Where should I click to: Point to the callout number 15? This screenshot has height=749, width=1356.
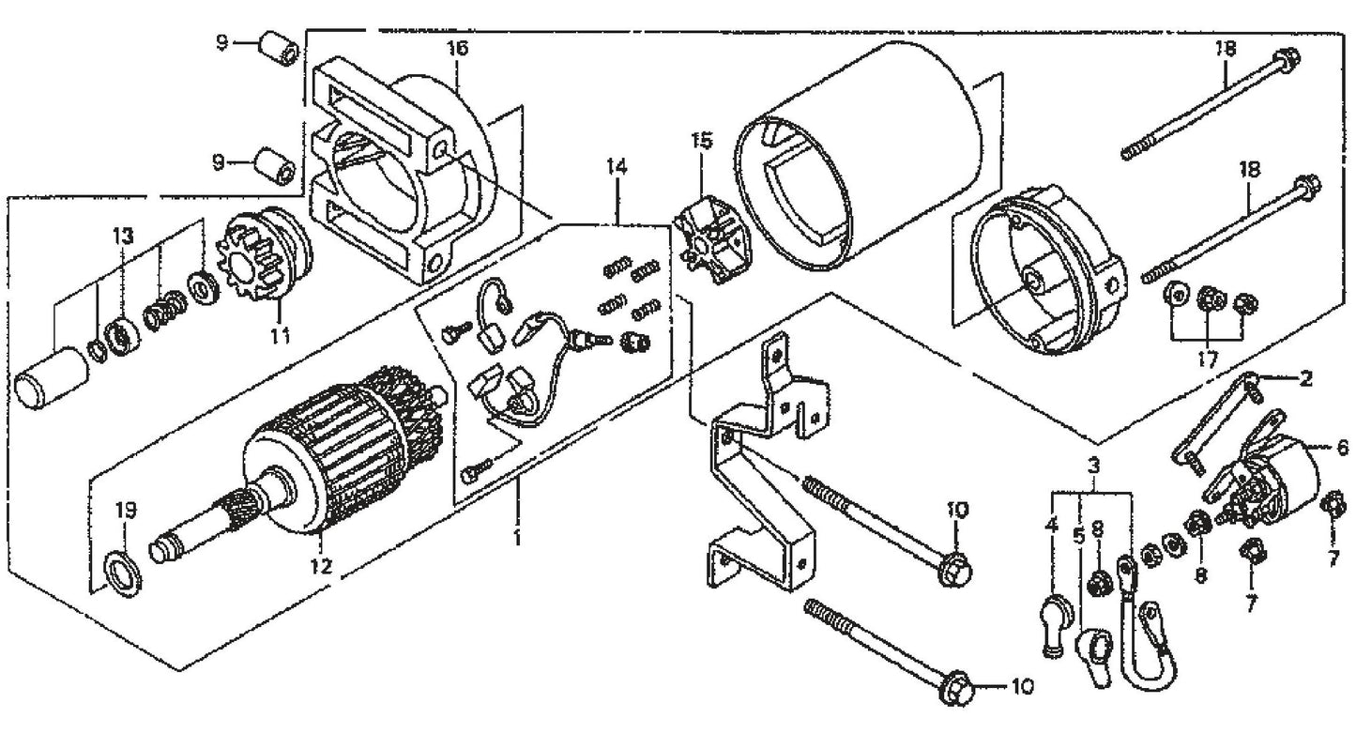pos(702,142)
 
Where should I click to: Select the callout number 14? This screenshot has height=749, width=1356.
pos(616,169)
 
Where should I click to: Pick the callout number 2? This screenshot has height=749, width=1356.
pos(1306,379)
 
